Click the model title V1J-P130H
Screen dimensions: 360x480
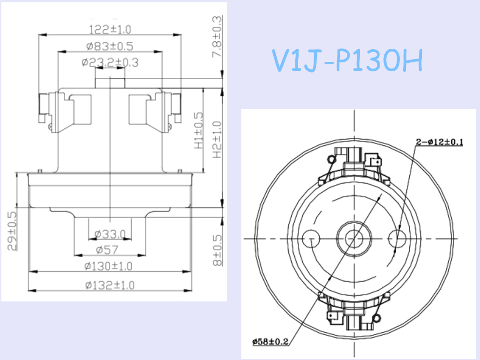point(347,61)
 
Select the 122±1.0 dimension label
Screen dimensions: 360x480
point(110,30)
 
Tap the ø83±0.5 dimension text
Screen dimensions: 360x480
point(110,46)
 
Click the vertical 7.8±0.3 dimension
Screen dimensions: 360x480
point(217,37)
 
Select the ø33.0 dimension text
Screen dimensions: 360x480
point(110,233)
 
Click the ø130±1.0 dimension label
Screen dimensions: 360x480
point(110,266)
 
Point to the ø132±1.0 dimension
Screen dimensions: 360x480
point(110,285)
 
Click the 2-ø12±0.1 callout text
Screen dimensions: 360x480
point(439,142)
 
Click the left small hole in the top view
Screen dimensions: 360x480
point(309,239)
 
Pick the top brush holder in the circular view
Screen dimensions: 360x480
point(354,164)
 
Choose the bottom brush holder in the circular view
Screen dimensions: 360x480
point(354,312)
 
